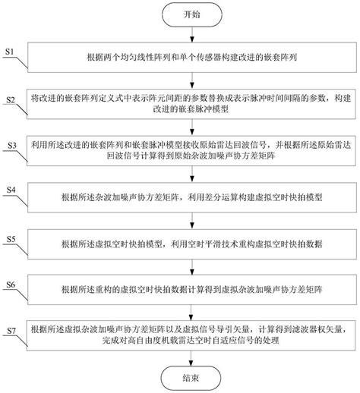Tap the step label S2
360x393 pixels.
[10, 100]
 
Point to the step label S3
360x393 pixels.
[10, 144]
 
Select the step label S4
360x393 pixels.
[10, 188]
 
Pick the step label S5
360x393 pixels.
[10, 239]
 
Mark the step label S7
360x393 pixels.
[10, 332]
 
